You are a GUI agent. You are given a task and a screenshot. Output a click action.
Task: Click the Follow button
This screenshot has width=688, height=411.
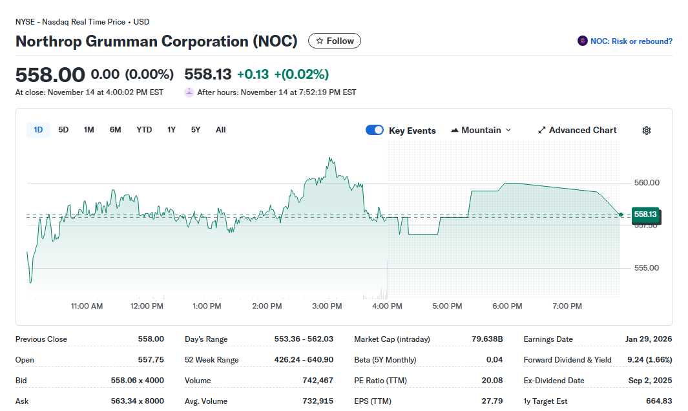click(x=335, y=41)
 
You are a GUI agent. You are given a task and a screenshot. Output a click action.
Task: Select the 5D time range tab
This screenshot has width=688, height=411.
click(x=63, y=130)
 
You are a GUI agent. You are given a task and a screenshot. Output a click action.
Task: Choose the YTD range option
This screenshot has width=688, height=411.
click(x=144, y=130)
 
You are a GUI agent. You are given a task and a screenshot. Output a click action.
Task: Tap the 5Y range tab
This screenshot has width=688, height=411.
click(x=196, y=130)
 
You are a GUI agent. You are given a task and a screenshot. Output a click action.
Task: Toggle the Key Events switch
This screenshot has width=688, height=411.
click(x=375, y=130)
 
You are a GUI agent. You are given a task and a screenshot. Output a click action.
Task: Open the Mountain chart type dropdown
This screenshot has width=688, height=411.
click(x=481, y=130)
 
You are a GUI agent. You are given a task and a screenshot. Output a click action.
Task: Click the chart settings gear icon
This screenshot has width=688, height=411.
click(x=647, y=131)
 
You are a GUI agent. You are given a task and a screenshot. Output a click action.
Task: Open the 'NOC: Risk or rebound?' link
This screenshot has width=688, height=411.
click(x=625, y=41)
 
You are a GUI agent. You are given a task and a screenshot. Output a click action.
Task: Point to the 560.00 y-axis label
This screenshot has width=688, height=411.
click(x=647, y=183)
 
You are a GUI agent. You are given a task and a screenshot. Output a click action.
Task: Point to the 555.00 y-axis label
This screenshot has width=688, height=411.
click(x=647, y=268)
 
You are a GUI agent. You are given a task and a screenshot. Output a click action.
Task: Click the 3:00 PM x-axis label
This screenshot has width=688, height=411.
click(x=327, y=306)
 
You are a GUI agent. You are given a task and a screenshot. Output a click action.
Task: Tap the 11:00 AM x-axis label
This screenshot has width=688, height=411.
click(x=87, y=306)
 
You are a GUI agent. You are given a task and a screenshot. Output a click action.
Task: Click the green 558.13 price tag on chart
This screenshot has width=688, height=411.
click(x=645, y=214)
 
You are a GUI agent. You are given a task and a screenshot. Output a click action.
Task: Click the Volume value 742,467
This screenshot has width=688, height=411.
click(x=318, y=381)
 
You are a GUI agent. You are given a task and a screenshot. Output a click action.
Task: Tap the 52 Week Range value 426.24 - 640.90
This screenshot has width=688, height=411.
click(x=304, y=360)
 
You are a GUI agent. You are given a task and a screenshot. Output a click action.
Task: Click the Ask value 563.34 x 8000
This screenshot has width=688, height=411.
click(x=137, y=401)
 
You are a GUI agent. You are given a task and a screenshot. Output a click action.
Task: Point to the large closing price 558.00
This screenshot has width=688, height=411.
click(x=50, y=74)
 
